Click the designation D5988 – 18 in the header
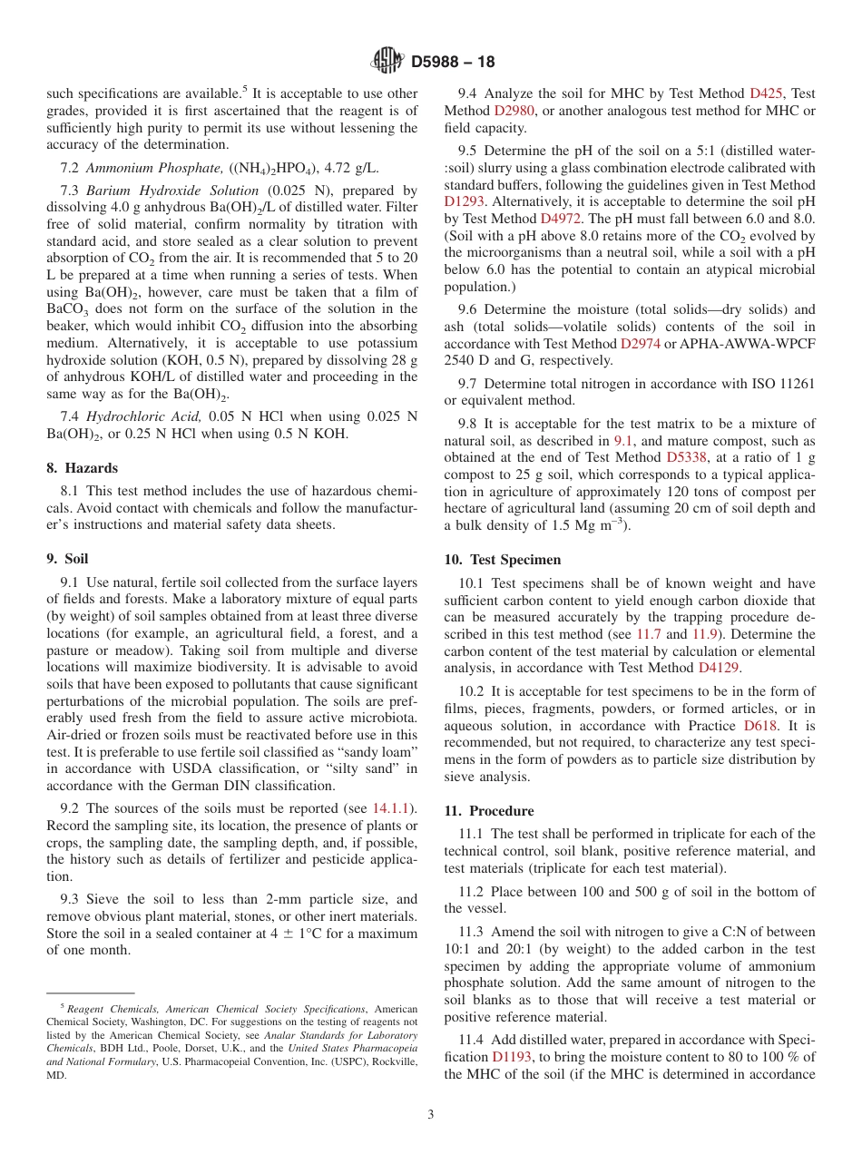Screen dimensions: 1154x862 point(453,63)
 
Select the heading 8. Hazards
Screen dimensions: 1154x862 point(82,469)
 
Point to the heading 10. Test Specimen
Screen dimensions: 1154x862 point(503,560)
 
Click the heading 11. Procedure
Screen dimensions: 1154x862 point(489,811)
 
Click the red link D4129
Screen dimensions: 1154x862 point(720,668)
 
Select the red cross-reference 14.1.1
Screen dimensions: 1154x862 point(394,808)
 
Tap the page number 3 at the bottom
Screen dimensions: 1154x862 point(430,1115)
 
